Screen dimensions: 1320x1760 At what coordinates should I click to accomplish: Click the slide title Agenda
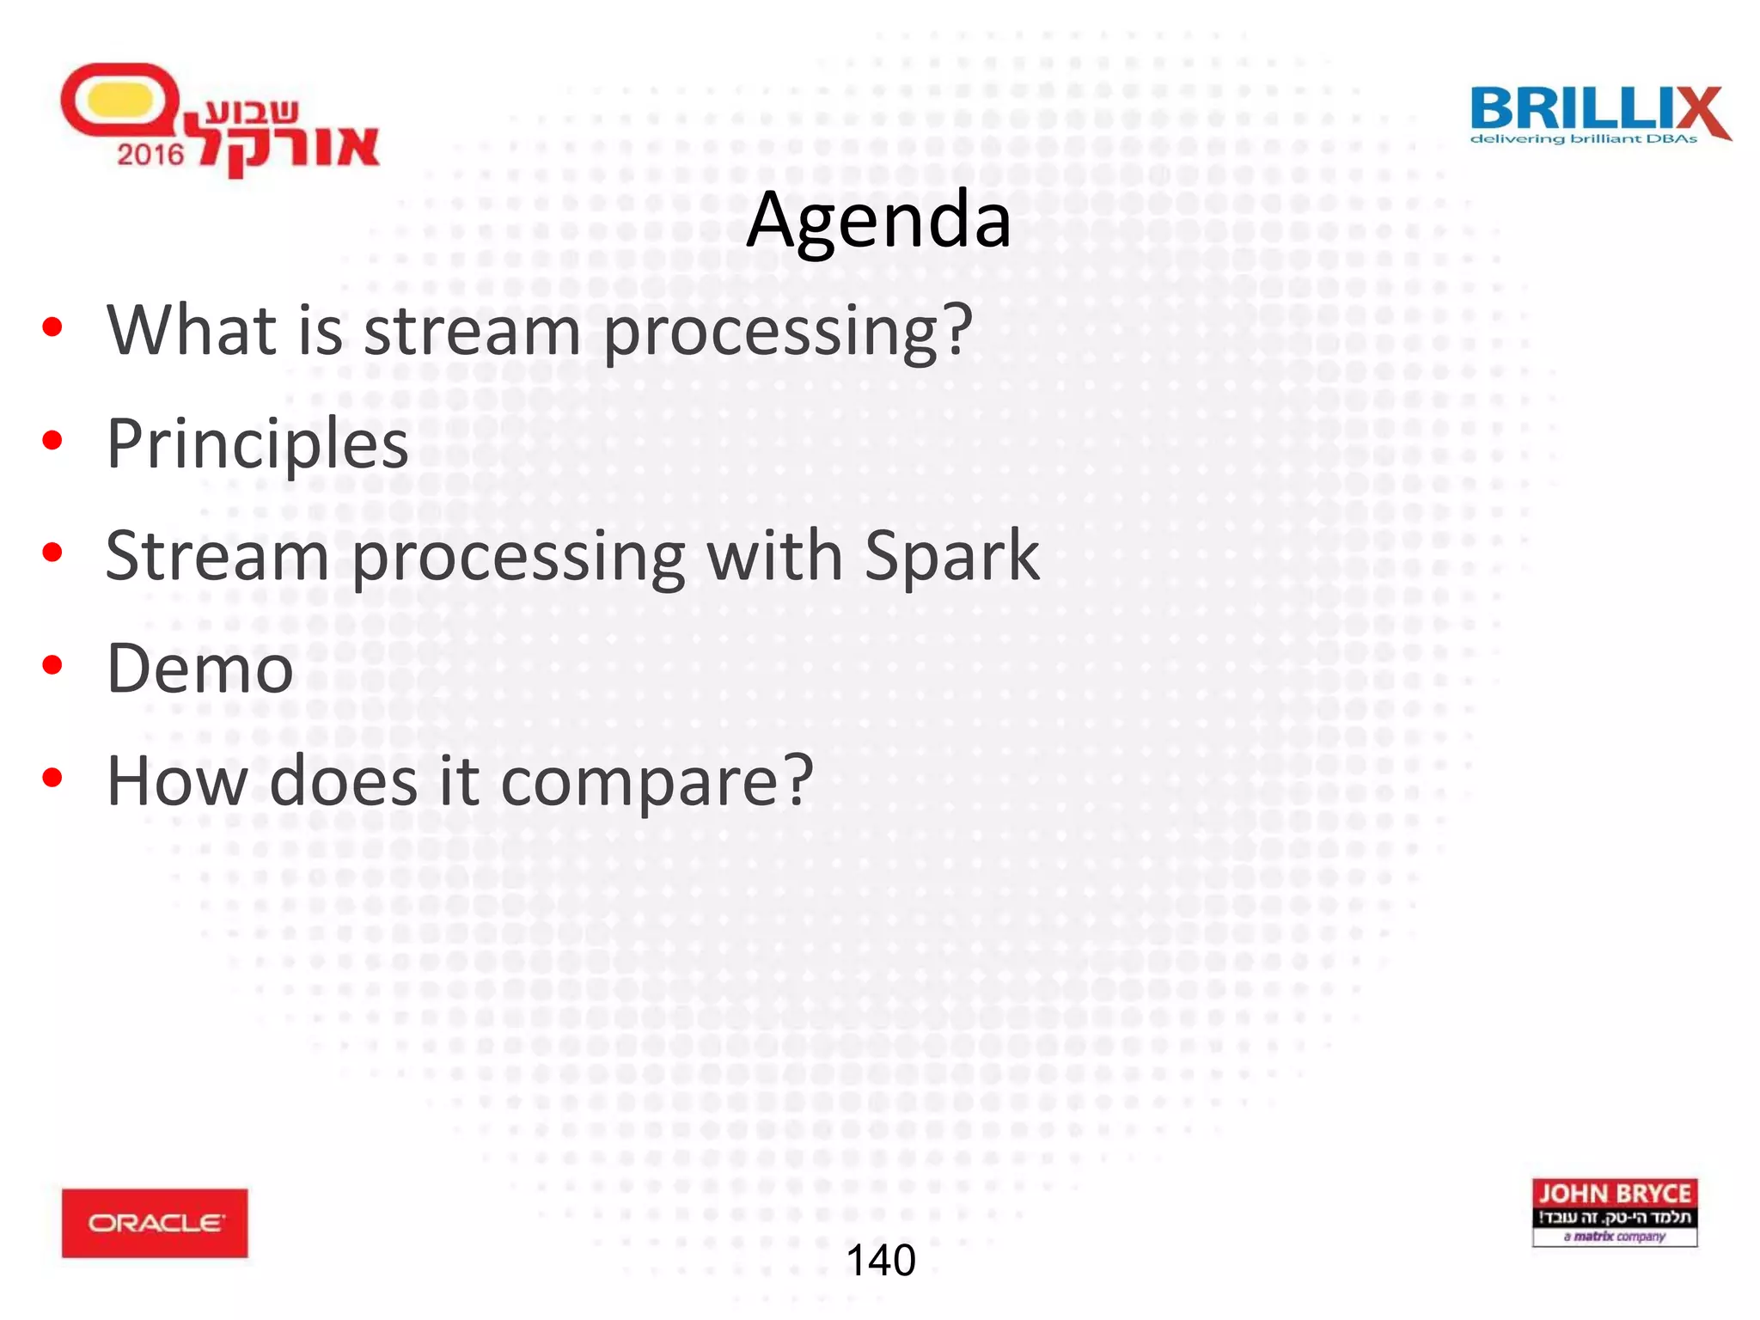click(x=878, y=221)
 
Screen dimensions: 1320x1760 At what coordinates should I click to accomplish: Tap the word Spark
click(x=951, y=556)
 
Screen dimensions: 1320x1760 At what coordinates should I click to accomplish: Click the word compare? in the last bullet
click(x=657, y=781)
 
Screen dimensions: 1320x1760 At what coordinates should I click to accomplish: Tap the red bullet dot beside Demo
click(x=52, y=666)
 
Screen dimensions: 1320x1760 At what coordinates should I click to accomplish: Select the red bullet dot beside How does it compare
click(x=52, y=779)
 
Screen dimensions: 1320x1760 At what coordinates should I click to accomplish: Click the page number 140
click(x=881, y=1261)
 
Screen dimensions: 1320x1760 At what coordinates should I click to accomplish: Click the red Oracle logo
click(x=155, y=1223)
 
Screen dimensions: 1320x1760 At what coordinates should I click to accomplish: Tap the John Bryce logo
click(x=1614, y=1212)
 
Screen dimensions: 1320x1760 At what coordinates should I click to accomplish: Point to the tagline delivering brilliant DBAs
click(x=1583, y=139)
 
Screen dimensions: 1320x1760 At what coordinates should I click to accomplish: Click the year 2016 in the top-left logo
click(x=150, y=155)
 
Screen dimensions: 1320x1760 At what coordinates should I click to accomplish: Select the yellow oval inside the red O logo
click(x=119, y=100)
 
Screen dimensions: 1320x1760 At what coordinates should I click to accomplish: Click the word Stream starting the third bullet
click(x=217, y=556)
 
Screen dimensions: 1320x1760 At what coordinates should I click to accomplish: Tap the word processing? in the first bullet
click(x=787, y=332)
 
